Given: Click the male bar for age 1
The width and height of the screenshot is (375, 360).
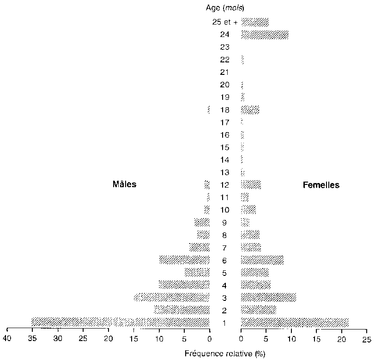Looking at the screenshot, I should click(121, 322).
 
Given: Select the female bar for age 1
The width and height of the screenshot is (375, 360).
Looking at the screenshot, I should click(295, 322).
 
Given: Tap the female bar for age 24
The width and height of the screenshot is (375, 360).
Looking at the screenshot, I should click(265, 35).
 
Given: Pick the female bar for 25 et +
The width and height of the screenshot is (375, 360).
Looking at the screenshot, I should click(254, 22).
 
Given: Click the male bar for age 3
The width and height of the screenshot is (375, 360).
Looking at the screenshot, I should click(172, 297).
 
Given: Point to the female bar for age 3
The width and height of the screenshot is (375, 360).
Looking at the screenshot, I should click(268, 297).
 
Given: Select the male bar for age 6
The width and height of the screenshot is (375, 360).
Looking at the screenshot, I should click(184, 260).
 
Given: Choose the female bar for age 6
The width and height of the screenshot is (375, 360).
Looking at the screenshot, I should click(262, 260).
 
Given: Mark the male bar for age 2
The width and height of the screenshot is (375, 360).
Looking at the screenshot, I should click(181, 310).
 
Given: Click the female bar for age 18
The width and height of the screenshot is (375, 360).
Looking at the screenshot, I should click(250, 110).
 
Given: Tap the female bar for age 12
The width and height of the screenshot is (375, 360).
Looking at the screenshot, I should click(251, 185).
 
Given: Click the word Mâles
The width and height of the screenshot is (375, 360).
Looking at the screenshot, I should click(125, 184).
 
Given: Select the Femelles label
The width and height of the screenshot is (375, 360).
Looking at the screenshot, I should click(321, 185).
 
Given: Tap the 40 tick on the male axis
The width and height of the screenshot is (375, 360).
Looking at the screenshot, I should click(7, 339).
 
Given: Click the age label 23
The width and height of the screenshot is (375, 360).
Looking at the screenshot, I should click(225, 47).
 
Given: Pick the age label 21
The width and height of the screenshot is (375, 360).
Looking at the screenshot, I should click(225, 72).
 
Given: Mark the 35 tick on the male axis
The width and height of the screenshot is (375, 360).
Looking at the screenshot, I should click(32, 339).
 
